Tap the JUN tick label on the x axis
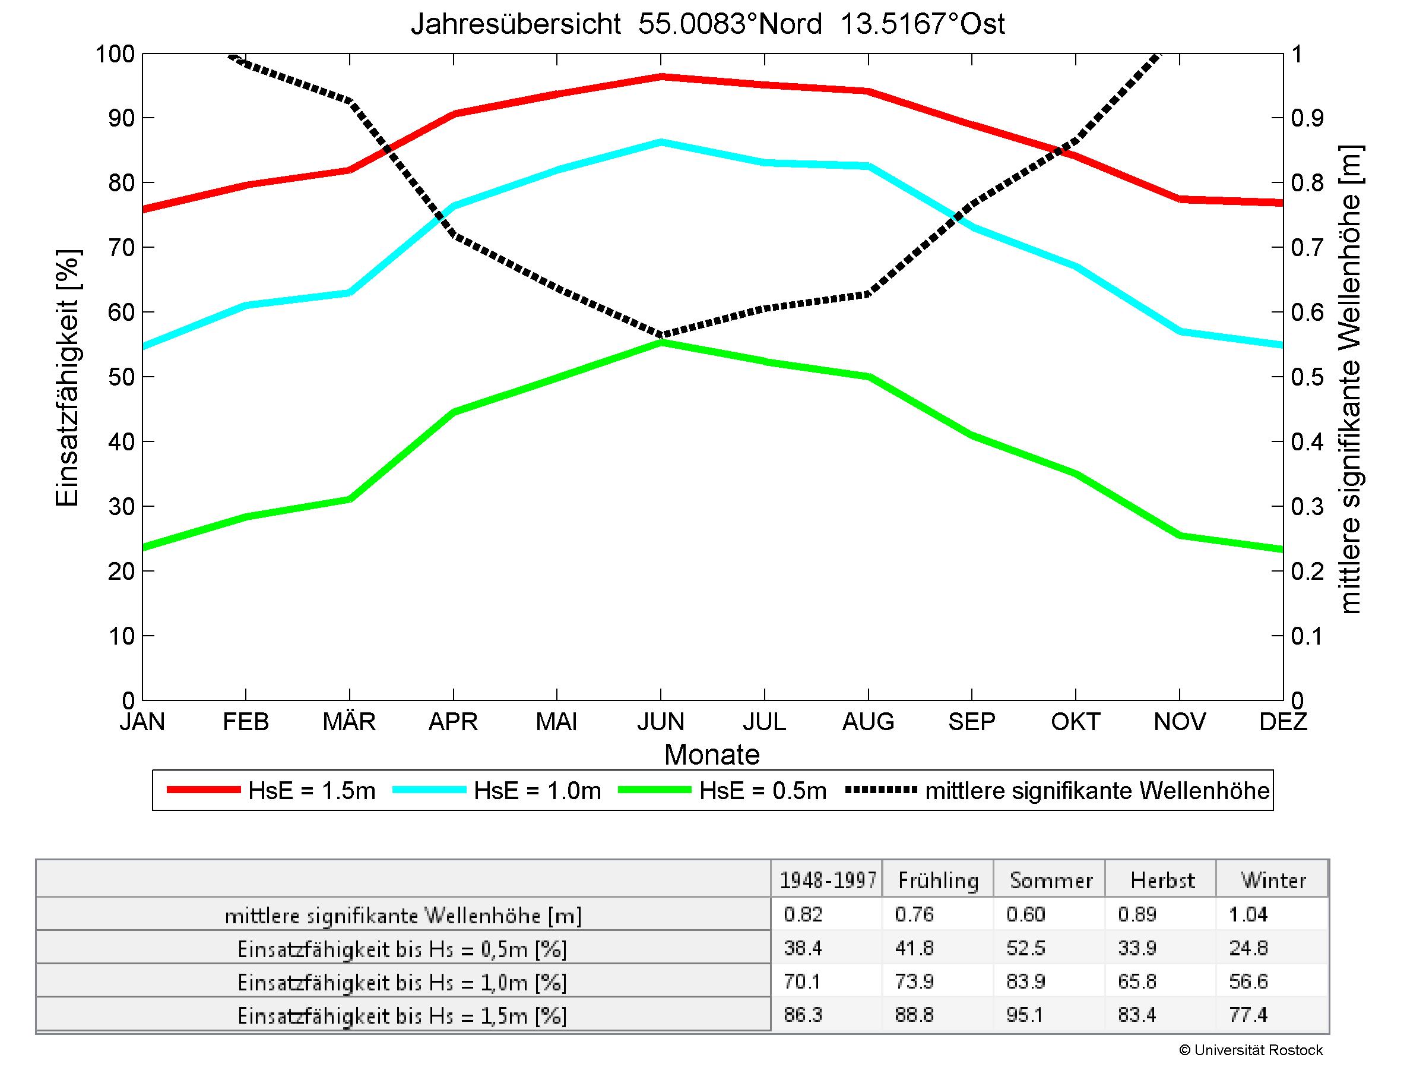(x=661, y=721)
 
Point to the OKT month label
(x=1075, y=721)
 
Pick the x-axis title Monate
(x=712, y=755)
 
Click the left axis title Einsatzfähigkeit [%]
(x=67, y=377)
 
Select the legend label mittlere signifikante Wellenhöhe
(x=1097, y=791)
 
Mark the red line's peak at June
(x=661, y=77)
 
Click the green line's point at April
(x=454, y=412)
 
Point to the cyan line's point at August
(x=869, y=166)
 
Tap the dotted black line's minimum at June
(x=661, y=334)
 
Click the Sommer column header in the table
(x=1050, y=880)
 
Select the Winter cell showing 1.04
(x=1248, y=914)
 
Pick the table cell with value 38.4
(x=803, y=948)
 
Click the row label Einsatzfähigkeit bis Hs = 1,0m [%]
(x=403, y=981)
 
